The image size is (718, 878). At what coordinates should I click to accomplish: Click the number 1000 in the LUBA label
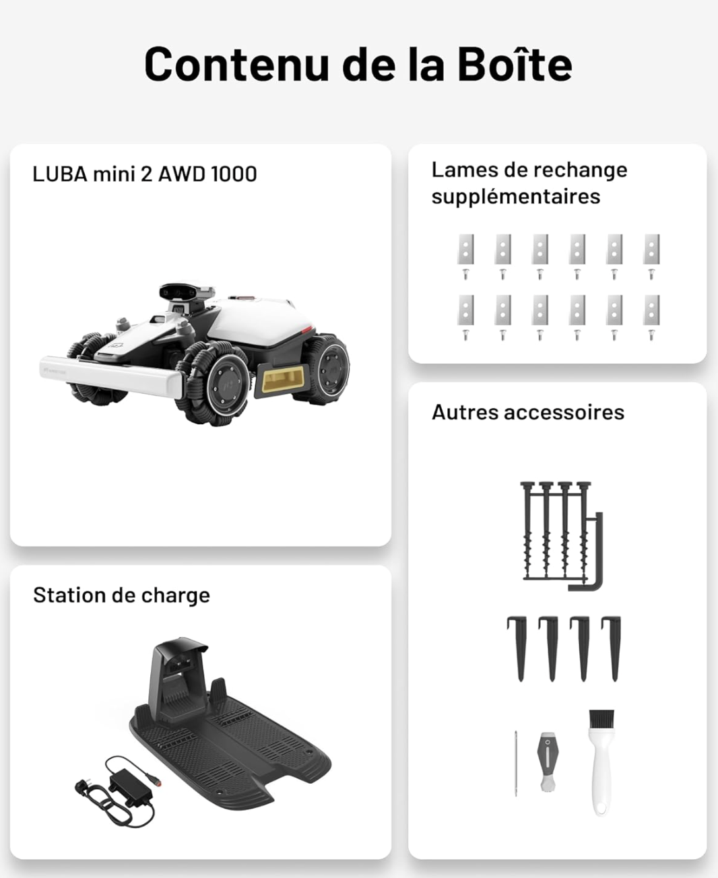click(x=234, y=174)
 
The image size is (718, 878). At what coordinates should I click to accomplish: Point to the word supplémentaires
click(x=515, y=197)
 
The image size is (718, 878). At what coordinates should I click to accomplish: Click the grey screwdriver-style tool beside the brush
click(x=547, y=761)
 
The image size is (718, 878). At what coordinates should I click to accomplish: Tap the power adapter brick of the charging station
click(x=131, y=787)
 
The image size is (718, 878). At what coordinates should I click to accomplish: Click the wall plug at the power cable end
click(x=83, y=786)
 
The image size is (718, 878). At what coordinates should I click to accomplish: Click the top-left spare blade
click(x=465, y=249)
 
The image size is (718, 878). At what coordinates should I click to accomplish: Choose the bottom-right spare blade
click(x=651, y=310)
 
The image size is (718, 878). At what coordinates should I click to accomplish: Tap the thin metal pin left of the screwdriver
click(x=516, y=763)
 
